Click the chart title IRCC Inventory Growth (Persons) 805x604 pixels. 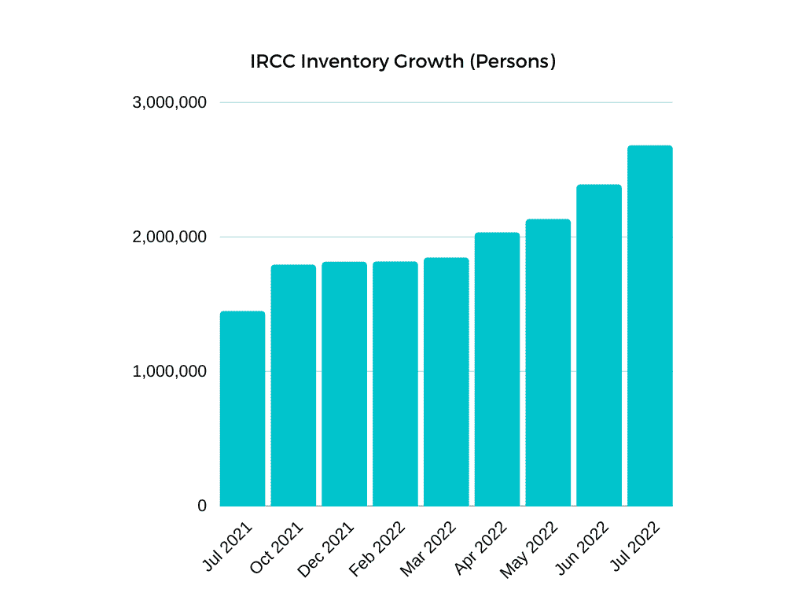pos(402,61)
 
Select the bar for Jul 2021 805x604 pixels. pos(242,409)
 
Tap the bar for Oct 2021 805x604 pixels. pos(293,385)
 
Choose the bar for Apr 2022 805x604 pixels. pos(497,370)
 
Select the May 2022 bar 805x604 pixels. pos(548,363)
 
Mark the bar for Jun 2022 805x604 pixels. pos(599,345)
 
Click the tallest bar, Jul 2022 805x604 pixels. pos(650,326)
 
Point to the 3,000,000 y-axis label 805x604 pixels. pos(170,102)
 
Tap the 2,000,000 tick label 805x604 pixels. pos(170,237)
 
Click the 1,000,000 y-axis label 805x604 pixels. pos(170,371)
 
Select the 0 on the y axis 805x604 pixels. pos(202,506)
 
